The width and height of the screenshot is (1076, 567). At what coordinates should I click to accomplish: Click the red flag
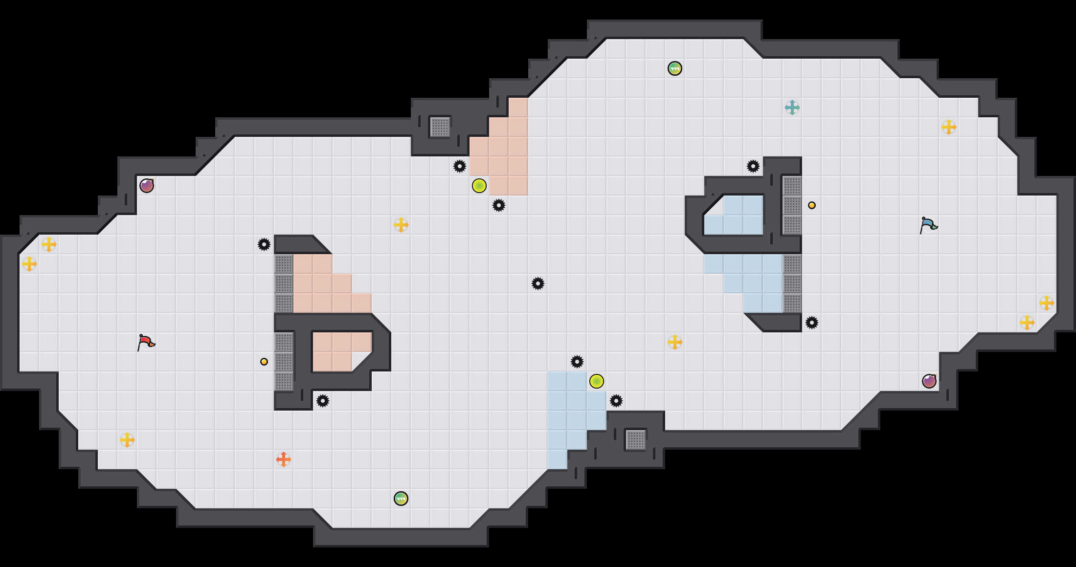[x=146, y=342]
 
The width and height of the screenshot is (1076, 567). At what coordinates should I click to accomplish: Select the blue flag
[x=928, y=225]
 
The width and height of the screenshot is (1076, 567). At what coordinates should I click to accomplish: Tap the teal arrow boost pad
[x=792, y=108]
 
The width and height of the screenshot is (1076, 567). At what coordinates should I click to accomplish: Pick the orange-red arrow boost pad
[x=283, y=459]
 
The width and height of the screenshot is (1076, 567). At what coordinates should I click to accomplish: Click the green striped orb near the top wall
[x=674, y=68]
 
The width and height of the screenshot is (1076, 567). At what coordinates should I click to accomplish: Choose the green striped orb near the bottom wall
[x=401, y=499]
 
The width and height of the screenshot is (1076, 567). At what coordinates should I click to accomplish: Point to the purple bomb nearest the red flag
[x=147, y=186]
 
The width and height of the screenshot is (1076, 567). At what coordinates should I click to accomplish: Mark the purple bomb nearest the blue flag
[x=929, y=381]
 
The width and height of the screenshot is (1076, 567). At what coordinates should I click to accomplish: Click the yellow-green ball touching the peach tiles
[x=479, y=186]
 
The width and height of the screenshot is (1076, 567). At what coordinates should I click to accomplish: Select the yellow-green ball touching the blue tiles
[x=596, y=381]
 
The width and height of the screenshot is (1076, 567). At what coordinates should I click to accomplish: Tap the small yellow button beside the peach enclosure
[x=264, y=362]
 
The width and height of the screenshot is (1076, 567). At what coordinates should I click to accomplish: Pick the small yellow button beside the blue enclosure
[x=812, y=205]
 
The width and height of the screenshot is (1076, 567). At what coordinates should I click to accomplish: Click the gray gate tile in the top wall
[x=440, y=127]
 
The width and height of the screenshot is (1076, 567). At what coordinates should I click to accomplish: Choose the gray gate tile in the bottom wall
[x=635, y=440]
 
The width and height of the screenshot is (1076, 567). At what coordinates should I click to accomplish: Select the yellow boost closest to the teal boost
[x=948, y=127]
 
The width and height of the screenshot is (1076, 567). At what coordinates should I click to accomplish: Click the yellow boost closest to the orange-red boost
[x=127, y=440]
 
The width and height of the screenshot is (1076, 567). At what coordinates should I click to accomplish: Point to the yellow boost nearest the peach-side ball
[x=401, y=225]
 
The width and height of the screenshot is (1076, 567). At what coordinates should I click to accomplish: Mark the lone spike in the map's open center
[x=538, y=283]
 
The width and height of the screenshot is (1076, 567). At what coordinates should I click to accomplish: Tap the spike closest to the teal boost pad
[x=753, y=166]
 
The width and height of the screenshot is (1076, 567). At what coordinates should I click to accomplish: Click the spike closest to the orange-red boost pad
[x=322, y=401]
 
